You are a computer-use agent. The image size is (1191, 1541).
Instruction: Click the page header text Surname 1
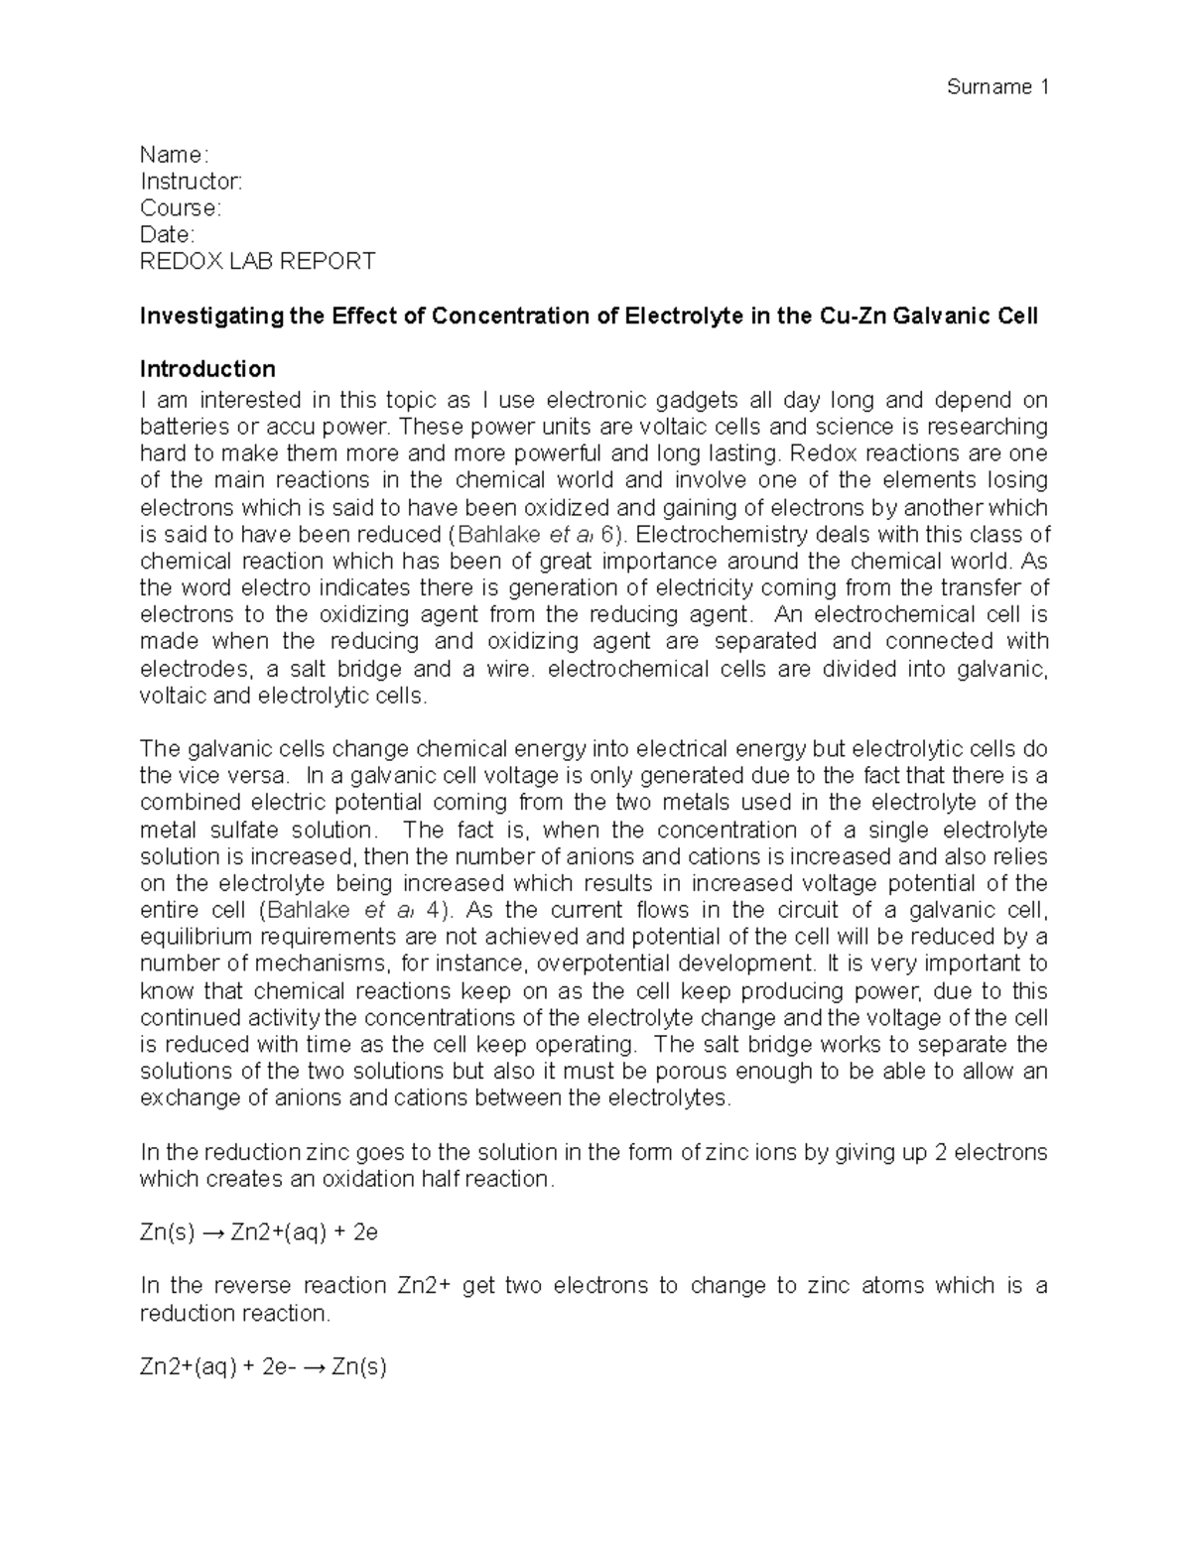(997, 87)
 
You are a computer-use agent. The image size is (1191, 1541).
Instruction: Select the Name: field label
(174, 155)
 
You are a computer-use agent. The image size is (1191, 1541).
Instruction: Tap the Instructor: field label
(191, 182)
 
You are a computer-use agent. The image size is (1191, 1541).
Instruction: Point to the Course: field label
(180, 208)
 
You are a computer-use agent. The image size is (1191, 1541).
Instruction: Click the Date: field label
(167, 235)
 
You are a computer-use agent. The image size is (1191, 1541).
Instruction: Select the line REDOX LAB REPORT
(257, 262)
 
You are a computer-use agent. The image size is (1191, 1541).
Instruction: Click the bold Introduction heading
(207, 369)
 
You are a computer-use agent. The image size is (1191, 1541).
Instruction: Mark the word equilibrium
(193, 937)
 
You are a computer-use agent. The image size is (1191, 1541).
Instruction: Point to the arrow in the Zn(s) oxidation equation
(213, 1233)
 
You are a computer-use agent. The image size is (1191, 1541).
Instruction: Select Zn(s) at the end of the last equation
(358, 1367)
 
